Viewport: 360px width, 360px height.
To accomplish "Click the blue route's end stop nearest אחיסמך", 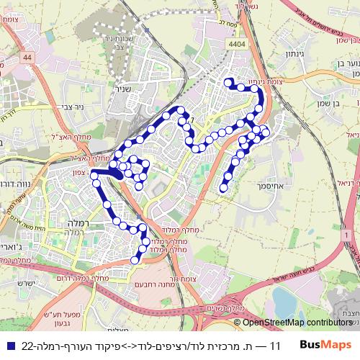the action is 223,189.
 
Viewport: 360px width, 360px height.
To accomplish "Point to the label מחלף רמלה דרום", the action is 91,277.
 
